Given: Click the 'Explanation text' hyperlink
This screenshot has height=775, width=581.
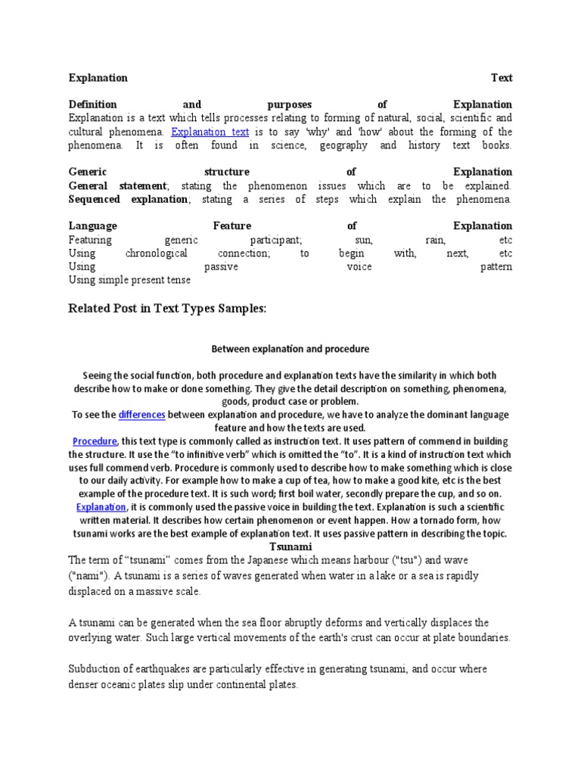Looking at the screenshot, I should click(x=210, y=131).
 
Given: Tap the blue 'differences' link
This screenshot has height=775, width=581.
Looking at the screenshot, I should click(x=141, y=415).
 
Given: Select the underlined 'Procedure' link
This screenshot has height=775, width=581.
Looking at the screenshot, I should click(x=95, y=441).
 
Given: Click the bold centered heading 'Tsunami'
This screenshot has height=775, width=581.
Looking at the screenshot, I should click(x=290, y=546).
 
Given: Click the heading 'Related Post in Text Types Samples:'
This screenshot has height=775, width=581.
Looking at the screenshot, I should click(x=168, y=309).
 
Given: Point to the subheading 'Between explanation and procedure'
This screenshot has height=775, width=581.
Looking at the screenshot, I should click(x=290, y=349).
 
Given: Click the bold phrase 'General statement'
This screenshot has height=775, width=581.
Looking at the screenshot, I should click(x=117, y=185).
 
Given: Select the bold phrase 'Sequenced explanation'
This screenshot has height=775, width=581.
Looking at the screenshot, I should click(x=128, y=199).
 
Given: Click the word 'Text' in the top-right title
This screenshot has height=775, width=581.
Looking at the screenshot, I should click(x=502, y=78).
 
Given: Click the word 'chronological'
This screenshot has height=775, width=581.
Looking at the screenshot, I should click(x=157, y=254).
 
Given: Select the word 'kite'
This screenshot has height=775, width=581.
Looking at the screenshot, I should click(x=435, y=481).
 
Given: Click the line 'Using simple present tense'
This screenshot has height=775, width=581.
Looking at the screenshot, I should click(x=129, y=280).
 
